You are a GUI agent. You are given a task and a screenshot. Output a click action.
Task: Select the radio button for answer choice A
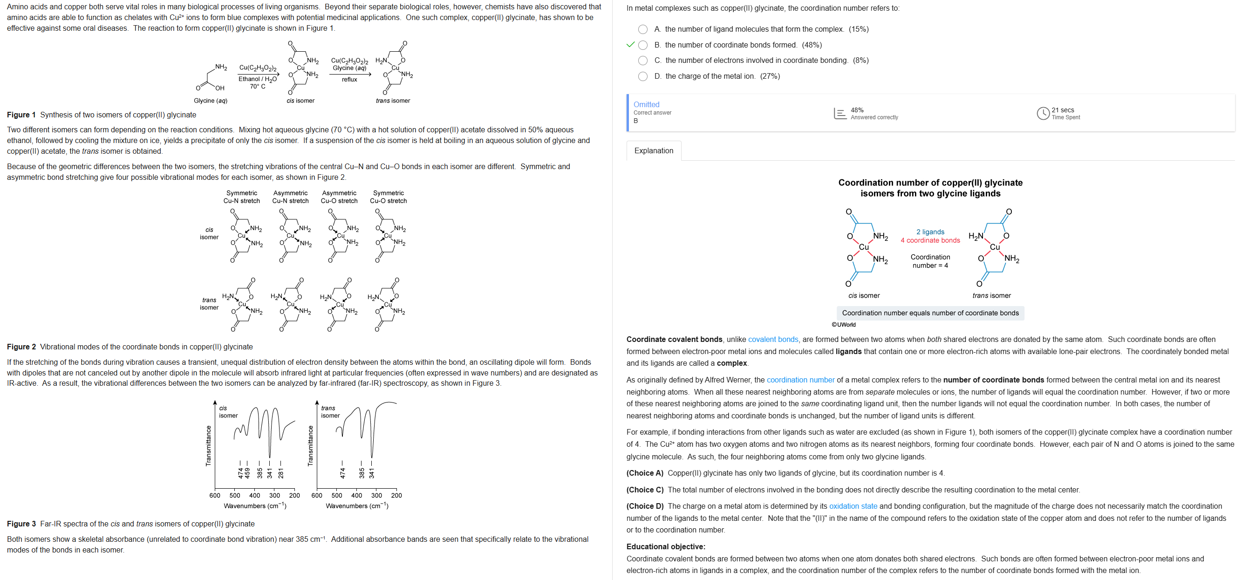643,29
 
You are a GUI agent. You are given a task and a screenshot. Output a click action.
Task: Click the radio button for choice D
643,76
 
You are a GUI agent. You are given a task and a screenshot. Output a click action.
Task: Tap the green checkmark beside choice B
630,45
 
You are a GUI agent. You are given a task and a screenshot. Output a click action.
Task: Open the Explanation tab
653,150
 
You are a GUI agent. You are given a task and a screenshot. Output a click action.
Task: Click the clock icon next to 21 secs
1043,113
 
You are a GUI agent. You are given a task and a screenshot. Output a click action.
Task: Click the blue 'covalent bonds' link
773,340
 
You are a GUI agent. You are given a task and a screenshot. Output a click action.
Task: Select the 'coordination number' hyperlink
800,380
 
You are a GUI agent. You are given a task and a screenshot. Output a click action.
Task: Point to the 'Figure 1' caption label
21,115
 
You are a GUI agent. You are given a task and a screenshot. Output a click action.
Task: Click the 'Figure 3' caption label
21,524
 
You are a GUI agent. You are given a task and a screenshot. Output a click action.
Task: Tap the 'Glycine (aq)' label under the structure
210,101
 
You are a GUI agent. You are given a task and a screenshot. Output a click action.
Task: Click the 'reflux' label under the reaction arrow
349,80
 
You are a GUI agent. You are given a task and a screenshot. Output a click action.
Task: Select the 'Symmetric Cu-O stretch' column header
388,197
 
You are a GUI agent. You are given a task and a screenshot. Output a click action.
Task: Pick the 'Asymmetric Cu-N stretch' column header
290,197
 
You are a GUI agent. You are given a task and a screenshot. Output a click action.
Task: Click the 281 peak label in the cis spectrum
280,473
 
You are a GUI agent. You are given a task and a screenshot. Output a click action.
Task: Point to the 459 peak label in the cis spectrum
247,473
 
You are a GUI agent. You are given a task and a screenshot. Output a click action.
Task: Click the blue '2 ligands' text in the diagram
930,232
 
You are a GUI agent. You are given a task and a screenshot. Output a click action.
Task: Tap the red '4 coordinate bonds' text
930,240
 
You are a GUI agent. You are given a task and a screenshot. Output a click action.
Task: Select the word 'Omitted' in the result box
646,105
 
